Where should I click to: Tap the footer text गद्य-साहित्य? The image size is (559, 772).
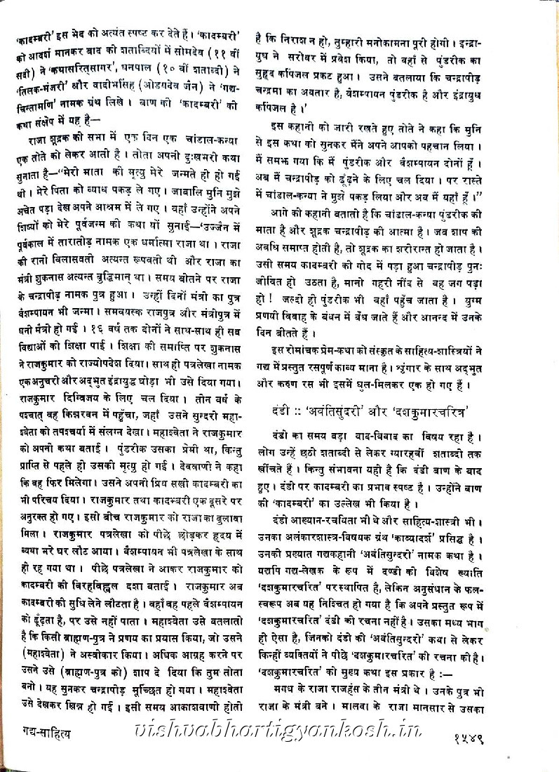[x=43, y=737]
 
